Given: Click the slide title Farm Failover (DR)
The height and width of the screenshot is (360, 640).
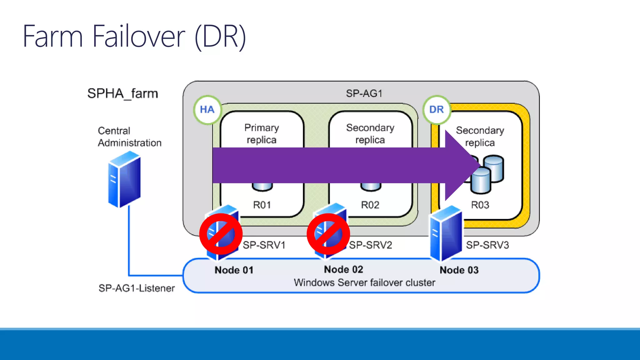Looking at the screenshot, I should [134, 37].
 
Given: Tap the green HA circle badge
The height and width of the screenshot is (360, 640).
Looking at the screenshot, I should [207, 110].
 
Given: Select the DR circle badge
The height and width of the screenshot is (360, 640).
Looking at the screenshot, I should [437, 110].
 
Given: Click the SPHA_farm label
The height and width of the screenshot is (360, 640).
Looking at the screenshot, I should [122, 93].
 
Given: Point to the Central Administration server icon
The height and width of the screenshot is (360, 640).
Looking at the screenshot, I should [124, 179].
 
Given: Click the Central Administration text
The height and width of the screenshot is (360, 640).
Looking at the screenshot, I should [129, 137].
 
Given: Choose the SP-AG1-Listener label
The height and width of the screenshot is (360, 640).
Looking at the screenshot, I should [137, 288].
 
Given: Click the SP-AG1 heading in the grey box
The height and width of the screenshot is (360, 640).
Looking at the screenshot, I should [364, 93].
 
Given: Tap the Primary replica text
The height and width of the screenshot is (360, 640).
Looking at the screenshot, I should [262, 134].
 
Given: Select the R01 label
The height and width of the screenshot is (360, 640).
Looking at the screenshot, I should [262, 205].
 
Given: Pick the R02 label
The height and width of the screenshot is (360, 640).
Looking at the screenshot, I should [370, 205].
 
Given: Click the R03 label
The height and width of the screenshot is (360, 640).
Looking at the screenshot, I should [480, 205].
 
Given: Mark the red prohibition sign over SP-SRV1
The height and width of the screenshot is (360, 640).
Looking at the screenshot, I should [221, 234].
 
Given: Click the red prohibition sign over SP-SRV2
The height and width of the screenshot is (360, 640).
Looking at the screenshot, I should [328, 234].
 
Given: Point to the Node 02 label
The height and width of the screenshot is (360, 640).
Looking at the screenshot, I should [343, 269].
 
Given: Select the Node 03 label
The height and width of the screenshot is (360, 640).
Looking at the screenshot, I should [459, 270].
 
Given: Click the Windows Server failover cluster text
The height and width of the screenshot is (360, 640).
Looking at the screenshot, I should [364, 282].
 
